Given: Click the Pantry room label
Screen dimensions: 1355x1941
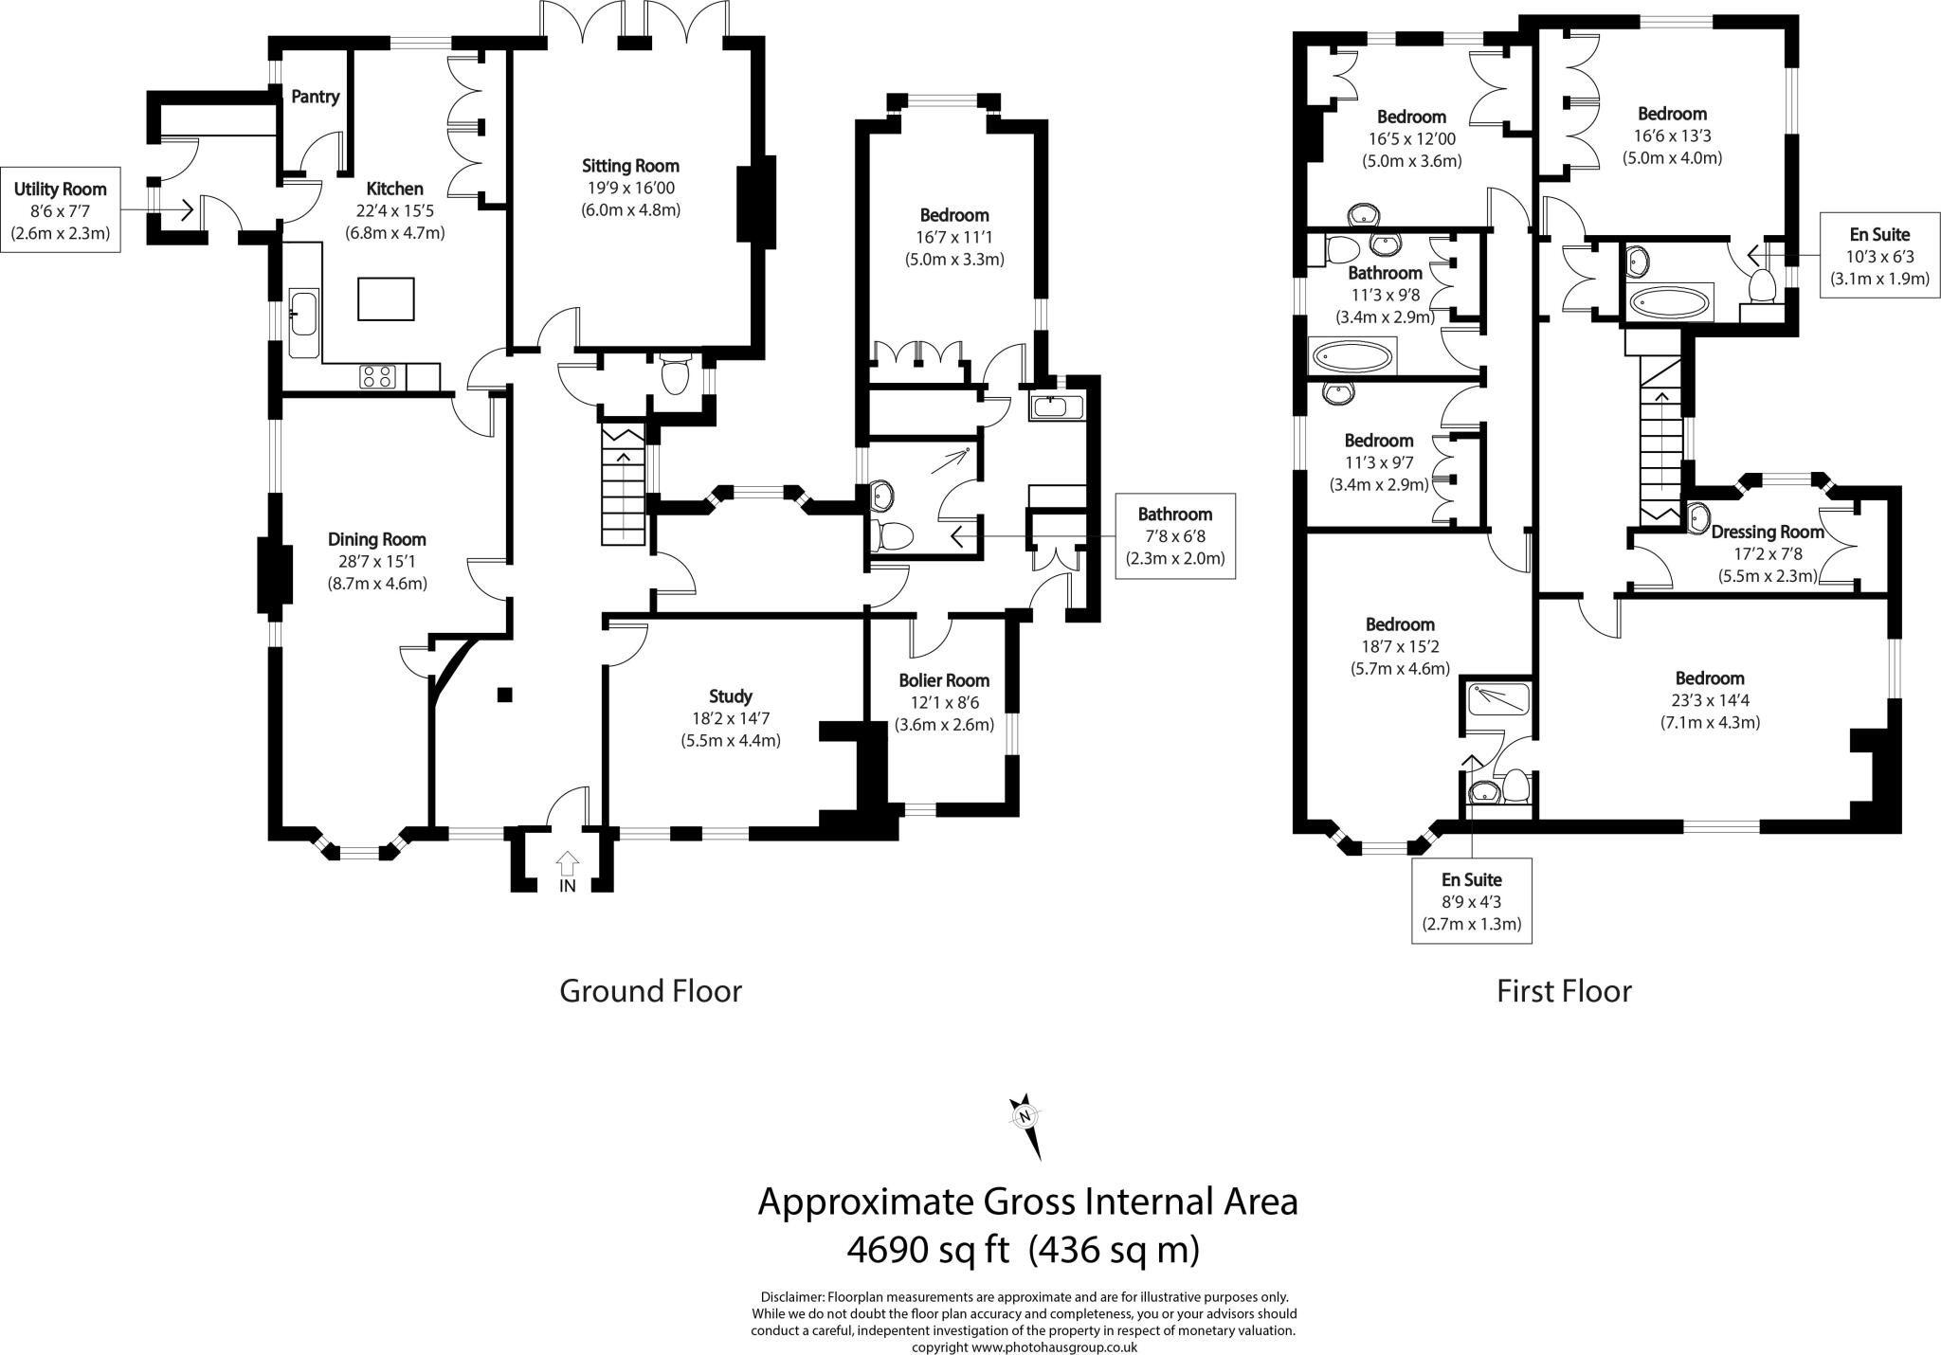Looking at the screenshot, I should click(x=315, y=97).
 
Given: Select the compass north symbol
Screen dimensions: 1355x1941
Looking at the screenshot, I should click(x=1025, y=1118).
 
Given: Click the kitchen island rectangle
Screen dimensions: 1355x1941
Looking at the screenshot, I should click(x=386, y=298).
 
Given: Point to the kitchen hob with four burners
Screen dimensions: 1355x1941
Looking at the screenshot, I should click(x=376, y=376).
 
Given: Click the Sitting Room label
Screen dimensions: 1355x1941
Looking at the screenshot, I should click(x=630, y=167).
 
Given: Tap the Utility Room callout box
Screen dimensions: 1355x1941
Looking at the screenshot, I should click(x=61, y=211).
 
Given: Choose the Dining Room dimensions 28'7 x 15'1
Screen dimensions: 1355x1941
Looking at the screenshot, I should click(x=376, y=562).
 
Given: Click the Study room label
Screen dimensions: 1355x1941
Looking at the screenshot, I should click(x=730, y=696).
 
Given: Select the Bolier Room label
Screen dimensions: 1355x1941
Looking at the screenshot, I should click(x=943, y=680).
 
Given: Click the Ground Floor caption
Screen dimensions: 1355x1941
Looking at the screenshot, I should click(x=650, y=991).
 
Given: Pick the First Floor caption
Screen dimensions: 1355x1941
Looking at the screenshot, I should click(x=1564, y=991).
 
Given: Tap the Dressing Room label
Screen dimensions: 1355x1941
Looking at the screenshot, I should click(x=1767, y=532).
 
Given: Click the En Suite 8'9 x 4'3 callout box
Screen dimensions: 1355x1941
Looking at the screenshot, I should click(x=1471, y=901).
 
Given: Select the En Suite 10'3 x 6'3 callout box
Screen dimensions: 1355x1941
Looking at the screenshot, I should click(x=1879, y=256).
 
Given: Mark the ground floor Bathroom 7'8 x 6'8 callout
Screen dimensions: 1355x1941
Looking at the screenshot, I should click(x=1174, y=536).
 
